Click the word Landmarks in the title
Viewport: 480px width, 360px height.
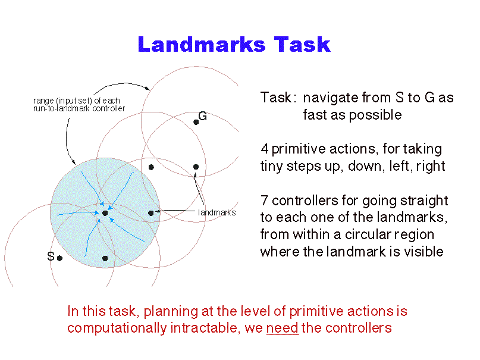point(202,45)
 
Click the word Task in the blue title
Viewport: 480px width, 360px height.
point(302,45)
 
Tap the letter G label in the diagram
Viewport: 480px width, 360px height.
point(203,116)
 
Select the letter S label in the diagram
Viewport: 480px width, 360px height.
point(51,256)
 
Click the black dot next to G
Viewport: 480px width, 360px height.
point(196,123)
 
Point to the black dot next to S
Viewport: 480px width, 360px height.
point(59,258)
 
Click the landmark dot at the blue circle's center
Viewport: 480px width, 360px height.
point(105,213)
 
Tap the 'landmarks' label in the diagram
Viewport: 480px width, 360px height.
point(217,212)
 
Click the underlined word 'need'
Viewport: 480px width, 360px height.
point(283,328)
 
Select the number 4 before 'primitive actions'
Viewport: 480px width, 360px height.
point(265,149)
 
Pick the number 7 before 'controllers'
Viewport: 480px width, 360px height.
point(264,201)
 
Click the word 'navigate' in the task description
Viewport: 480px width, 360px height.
point(331,98)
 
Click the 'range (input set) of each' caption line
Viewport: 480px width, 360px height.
point(77,101)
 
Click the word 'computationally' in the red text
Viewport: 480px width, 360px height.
point(117,328)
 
